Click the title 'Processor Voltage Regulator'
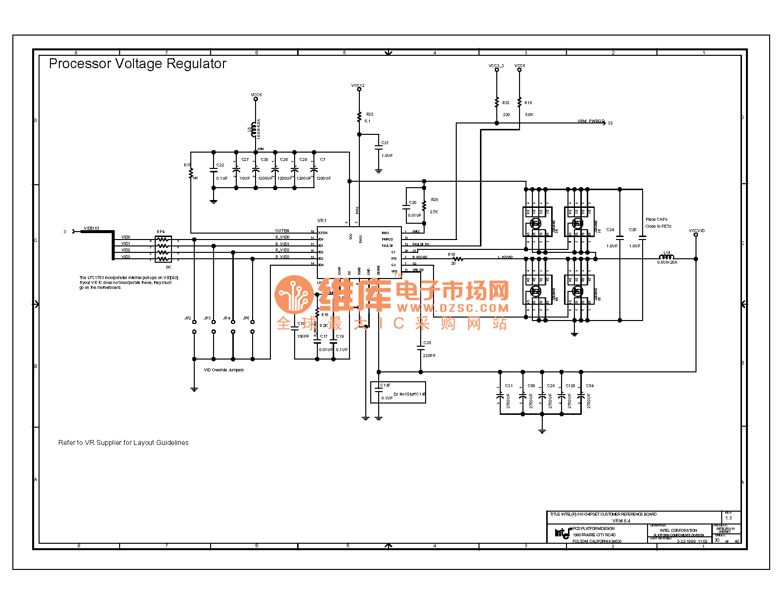[x=137, y=64]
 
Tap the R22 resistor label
[x=370, y=114]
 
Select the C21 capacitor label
[x=385, y=143]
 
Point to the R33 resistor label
[x=506, y=103]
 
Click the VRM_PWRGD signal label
[x=591, y=121]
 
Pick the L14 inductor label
[x=667, y=252]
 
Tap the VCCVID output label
[x=696, y=231]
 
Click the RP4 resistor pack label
[x=161, y=232]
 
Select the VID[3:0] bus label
[x=91, y=228]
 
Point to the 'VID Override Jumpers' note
[x=223, y=370]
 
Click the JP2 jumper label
[x=188, y=318]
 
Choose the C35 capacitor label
[x=427, y=342]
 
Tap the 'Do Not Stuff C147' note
[x=409, y=394]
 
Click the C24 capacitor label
[x=610, y=230]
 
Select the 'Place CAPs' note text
[x=656, y=219]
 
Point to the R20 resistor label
[x=435, y=200]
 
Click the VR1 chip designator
[x=322, y=221]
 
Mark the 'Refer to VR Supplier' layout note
[x=123, y=443]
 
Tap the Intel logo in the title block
[x=562, y=533]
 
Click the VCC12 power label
[x=358, y=85]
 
